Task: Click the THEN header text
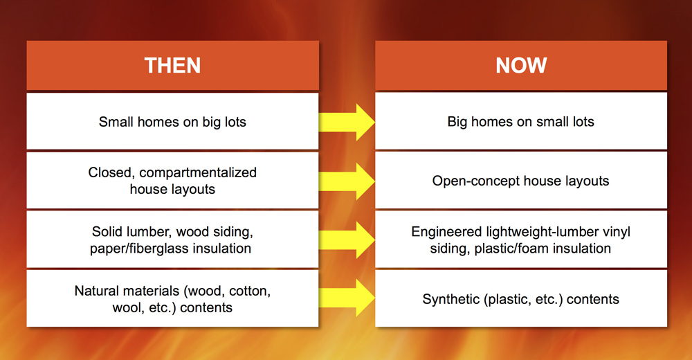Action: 172,65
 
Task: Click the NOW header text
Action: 521,65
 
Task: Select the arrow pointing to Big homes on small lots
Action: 347,123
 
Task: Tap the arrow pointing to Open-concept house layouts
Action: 347,181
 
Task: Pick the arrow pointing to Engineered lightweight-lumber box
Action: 347,240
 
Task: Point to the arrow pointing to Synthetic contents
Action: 347,298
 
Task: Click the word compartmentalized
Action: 198,172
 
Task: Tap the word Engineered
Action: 446,232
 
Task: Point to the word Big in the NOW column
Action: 457,122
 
